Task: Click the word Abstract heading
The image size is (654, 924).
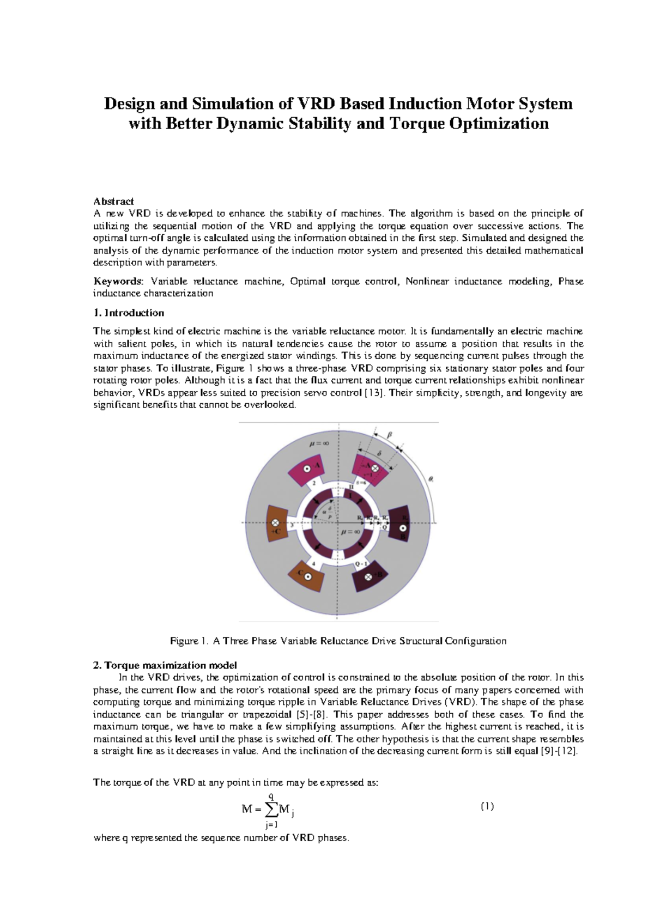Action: (x=113, y=201)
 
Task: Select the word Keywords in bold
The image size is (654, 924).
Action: (x=117, y=281)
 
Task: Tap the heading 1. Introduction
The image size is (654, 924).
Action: (x=129, y=313)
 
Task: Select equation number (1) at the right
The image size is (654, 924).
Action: (x=487, y=806)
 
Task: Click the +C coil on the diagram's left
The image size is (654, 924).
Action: (x=277, y=524)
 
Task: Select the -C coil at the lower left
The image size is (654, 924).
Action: (x=306, y=575)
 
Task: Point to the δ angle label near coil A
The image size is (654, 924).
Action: (x=379, y=453)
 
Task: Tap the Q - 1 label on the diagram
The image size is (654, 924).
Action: (x=361, y=563)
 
